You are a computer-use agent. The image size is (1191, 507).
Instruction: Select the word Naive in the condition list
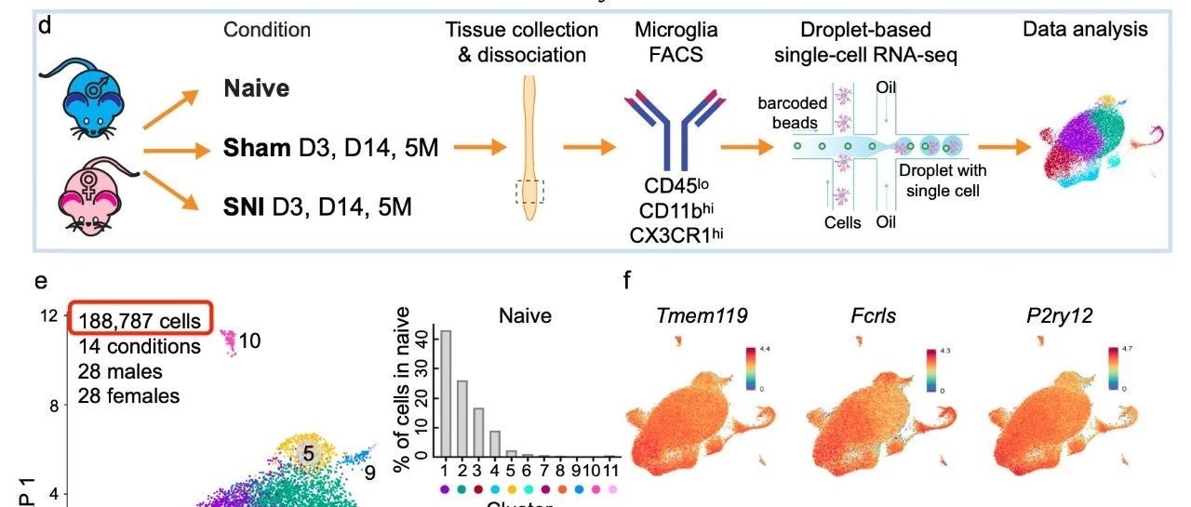click(x=256, y=89)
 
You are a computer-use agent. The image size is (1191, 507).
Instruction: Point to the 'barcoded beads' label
click(x=788, y=112)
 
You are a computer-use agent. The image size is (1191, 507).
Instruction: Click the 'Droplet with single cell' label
click(x=943, y=180)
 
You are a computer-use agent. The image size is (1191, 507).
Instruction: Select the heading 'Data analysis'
click(x=1085, y=29)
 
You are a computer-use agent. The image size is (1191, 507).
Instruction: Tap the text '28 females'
click(x=129, y=395)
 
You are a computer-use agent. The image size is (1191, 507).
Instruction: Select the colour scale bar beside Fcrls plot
click(x=930, y=369)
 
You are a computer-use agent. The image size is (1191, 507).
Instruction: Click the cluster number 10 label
click(x=249, y=341)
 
